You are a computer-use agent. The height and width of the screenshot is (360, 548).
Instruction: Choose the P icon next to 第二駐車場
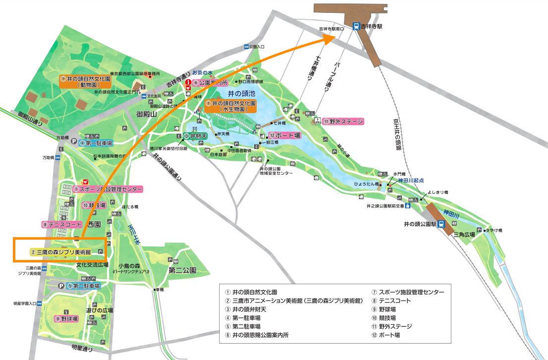(60, 286)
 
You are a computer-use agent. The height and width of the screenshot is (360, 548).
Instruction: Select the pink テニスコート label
(62, 224)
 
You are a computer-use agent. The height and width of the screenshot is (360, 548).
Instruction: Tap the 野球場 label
(66, 318)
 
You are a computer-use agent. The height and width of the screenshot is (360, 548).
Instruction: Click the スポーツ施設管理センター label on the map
(108, 189)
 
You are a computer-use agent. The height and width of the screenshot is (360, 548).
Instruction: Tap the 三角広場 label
(464, 235)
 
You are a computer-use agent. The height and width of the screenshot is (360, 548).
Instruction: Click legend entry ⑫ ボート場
(387, 335)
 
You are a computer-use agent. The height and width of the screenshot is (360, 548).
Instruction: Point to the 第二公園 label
(182, 270)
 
